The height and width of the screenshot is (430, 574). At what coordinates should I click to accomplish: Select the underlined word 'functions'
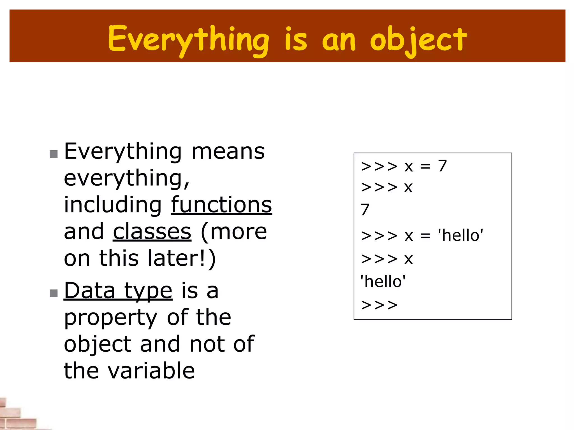click(x=221, y=205)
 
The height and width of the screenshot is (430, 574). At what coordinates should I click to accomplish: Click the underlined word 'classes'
click(x=152, y=232)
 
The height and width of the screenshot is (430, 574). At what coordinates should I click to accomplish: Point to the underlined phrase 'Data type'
click(x=118, y=291)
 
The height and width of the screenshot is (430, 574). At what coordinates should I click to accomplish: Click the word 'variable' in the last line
click(x=151, y=371)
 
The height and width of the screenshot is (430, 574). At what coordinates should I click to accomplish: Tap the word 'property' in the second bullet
click(x=110, y=318)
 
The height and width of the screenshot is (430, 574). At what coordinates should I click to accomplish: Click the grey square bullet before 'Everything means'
click(x=54, y=154)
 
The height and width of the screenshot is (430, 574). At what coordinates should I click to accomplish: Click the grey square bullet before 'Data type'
click(x=54, y=293)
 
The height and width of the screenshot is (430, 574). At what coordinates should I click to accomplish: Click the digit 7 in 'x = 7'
click(x=442, y=166)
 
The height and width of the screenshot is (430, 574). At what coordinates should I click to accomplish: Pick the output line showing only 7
click(x=365, y=210)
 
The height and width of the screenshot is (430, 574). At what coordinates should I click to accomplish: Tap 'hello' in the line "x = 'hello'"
click(x=461, y=235)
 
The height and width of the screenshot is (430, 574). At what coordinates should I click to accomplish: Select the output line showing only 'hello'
click(x=383, y=282)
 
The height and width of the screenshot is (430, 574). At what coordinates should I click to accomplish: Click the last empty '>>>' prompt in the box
click(x=379, y=305)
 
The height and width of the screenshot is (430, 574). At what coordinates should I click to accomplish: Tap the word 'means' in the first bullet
click(x=228, y=152)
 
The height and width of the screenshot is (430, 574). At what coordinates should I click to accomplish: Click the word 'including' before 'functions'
click(x=113, y=205)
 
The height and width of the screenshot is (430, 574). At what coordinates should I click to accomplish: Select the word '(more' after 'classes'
click(x=234, y=232)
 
